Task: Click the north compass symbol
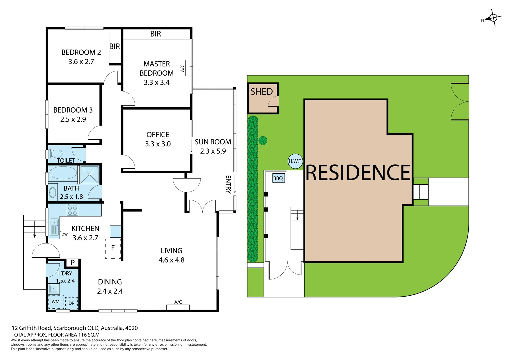[493, 18]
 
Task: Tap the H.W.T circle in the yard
[295, 161]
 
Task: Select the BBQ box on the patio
[278, 178]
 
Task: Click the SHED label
[261, 91]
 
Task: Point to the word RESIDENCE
[358, 173]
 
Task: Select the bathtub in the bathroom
[63, 173]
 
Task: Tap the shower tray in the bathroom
[90, 174]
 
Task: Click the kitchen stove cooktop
[73, 210]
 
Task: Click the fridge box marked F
[113, 248]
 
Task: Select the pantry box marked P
[73, 263]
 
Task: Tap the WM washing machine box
[56, 302]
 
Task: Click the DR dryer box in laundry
[71, 303]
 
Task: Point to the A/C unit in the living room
[178, 307]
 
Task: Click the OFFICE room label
[158, 134]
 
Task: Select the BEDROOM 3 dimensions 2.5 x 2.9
[73, 119]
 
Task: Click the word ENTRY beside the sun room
[228, 184]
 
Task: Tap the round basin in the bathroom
[53, 193]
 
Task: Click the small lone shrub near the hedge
[263, 140]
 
